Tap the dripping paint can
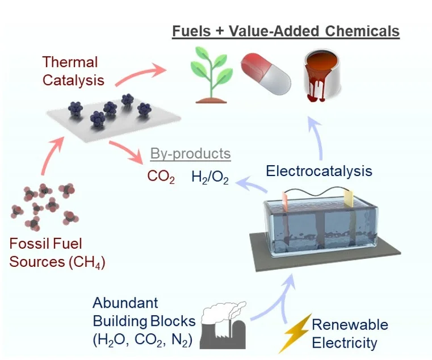pyautogui.click(x=322, y=76)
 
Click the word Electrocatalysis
pyautogui.click(x=319, y=170)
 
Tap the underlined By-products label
pyautogui.click(x=190, y=153)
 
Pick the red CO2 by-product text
pyautogui.click(x=161, y=177)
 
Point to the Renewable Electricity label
pyautogui.click(x=350, y=333)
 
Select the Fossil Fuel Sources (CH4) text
pyautogui.click(x=57, y=253)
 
